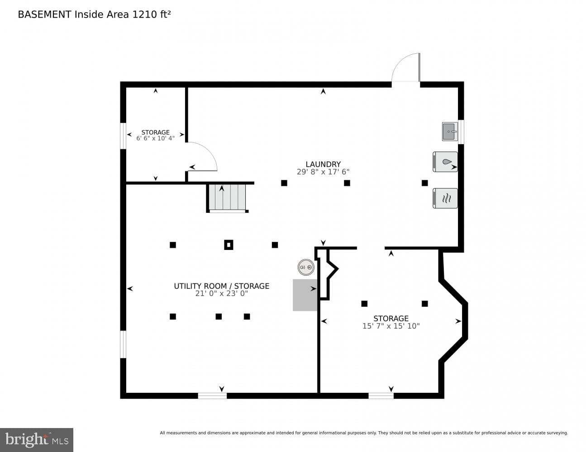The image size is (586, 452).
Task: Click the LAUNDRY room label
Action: click(323, 164)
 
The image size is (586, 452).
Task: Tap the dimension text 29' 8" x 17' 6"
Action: click(323, 172)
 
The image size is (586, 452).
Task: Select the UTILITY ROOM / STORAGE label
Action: click(221, 286)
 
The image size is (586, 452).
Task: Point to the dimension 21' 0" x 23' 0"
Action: click(221, 293)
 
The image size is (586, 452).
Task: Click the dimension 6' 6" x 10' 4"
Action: click(155, 138)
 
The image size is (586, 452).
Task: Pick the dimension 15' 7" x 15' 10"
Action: click(391, 326)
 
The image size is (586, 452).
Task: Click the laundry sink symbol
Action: click(450, 132)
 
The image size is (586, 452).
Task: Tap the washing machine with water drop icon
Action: click(445, 162)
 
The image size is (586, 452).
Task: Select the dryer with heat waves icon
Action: click(445, 198)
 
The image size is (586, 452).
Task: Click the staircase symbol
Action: click(227, 198)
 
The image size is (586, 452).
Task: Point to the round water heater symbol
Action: click(306, 267)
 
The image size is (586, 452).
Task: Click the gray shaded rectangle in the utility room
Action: click(305, 295)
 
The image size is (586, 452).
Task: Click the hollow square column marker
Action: click(229, 245)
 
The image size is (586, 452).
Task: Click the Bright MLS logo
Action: click(37, 440)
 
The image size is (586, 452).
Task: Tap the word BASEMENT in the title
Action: click(44, 14)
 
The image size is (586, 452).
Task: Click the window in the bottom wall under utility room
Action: click(212, 395)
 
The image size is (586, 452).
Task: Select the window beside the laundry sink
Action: click(461, 132)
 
